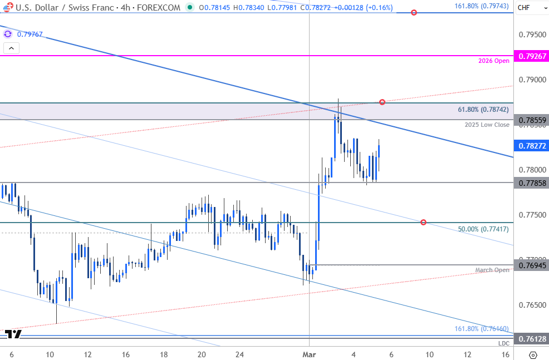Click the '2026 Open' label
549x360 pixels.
pos(494,61)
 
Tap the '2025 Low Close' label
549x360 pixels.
pos(487,125)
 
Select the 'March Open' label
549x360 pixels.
pos(492,270)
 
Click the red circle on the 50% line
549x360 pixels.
pos(424,223)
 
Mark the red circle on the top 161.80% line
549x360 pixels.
pos(414,12)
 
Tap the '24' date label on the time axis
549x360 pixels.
pos(239,354)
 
